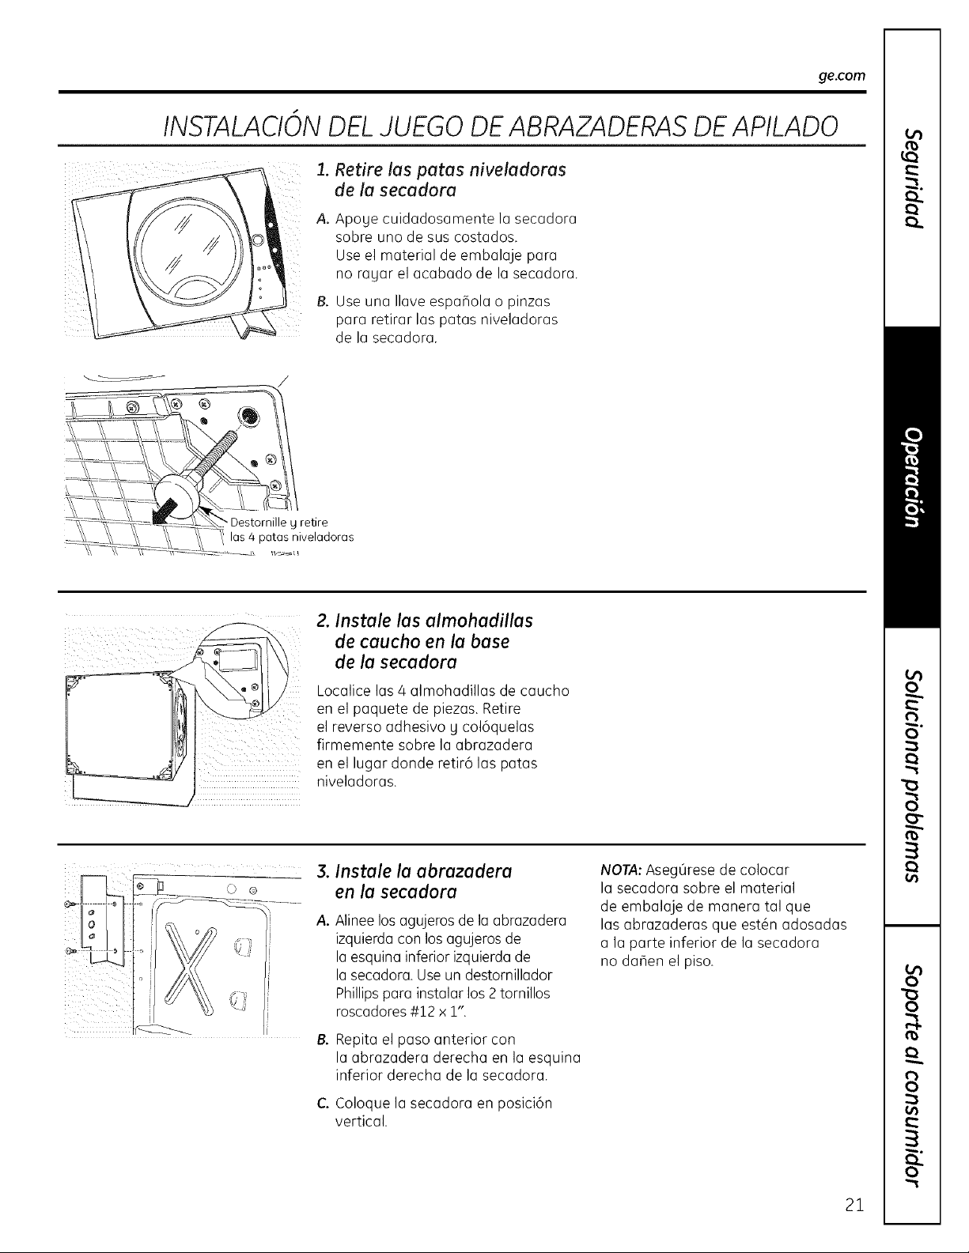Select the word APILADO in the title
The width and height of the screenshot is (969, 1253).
[x=763, y=125]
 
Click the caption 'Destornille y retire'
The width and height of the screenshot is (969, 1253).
[x=279, y=523]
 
